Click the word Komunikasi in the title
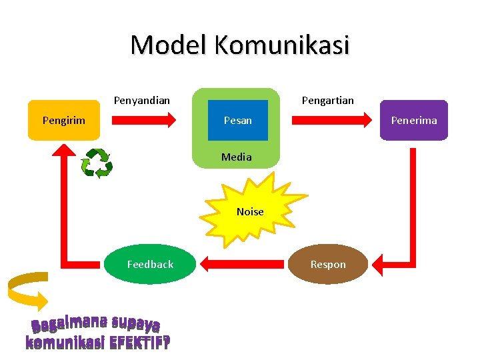coord(281,45)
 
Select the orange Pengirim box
coord(64,120)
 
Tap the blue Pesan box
coord(238,120)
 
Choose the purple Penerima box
coord(413,120)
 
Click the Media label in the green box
coord(237,157)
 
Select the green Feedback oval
coord(150,265)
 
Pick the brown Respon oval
coord(328,265)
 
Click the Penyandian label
coord(141,101)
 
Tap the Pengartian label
coord(328,101)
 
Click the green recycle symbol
coord(97,163)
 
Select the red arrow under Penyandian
coord(143,120)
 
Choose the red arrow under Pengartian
coord(332,120)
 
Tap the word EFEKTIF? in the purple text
coord(139,343)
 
